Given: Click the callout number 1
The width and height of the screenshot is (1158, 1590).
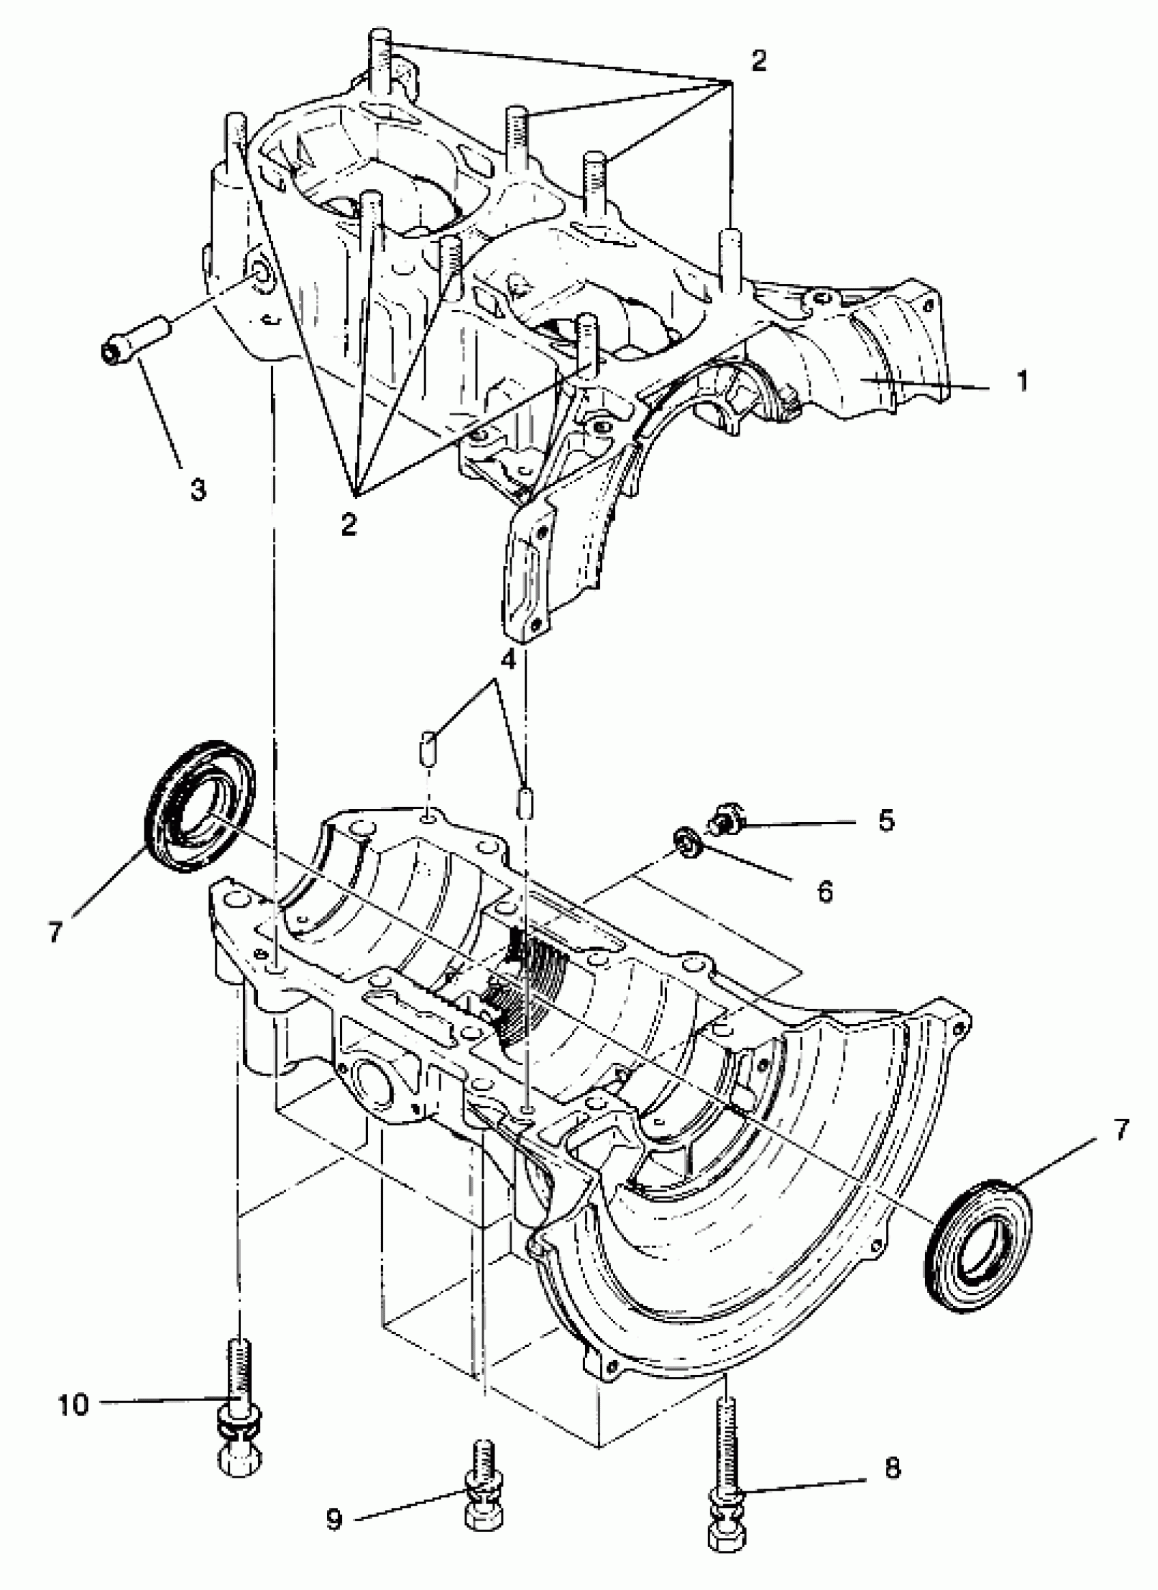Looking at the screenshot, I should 1022,381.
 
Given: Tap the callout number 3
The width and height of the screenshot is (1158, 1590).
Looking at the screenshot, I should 198,489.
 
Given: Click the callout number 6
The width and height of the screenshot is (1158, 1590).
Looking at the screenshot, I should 826,891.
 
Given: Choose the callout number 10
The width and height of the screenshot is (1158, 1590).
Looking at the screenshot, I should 74,1401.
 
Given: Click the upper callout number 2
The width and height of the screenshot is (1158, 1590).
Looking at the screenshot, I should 757,61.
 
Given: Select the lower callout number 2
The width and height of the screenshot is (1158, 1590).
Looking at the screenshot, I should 349,524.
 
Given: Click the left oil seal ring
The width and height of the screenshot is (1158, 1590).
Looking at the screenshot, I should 199,804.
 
